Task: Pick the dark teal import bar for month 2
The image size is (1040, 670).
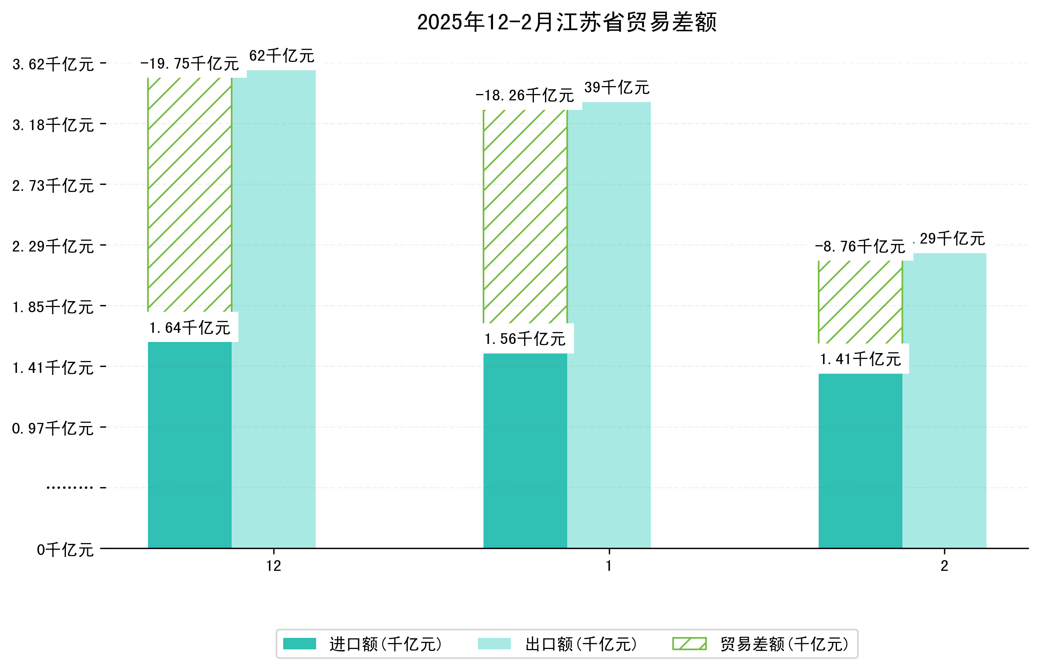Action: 860,460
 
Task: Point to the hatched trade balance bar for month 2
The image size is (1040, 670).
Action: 860,301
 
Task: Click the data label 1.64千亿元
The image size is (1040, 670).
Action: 189,328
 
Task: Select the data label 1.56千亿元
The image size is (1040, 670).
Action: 525,339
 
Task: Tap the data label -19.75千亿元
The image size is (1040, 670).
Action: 189,63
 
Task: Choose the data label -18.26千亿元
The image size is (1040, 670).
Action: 525,95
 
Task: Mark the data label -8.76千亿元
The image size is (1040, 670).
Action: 860,247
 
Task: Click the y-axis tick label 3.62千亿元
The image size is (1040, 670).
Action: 53,64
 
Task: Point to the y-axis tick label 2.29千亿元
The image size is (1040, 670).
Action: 53,246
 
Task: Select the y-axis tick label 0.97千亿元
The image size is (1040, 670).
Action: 53,428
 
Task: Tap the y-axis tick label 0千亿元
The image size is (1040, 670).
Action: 65,550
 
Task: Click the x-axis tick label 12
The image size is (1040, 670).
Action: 273,566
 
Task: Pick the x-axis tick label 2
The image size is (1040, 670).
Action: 944,566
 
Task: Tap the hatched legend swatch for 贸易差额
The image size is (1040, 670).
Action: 689,643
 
